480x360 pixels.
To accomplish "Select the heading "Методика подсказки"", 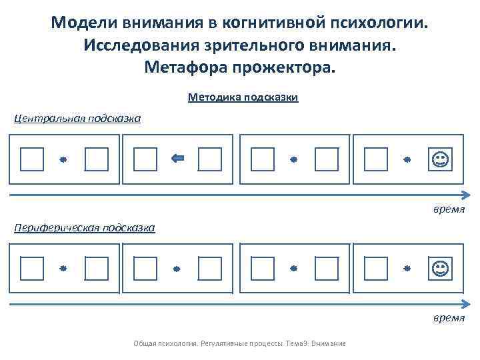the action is pos(243,98).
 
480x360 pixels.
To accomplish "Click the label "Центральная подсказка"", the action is pos(78,119).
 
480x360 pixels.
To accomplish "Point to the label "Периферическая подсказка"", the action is pos(85,228).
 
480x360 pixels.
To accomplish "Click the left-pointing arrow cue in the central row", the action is pos(178,159).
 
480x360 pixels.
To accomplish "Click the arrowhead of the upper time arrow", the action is pos(462,195).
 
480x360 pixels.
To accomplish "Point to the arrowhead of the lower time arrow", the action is pos(462,304).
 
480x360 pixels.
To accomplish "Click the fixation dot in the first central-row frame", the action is pos(63,160).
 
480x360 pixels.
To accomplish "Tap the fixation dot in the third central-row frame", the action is pos(293,160).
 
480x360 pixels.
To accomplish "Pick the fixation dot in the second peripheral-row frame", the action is pos(177,269).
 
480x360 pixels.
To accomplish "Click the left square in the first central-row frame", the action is pos(31,160).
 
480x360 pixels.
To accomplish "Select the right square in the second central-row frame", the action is pos(210,160).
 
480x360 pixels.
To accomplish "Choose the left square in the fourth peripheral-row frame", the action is pos(375,269).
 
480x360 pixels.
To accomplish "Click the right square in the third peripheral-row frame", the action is pos(326,269).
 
